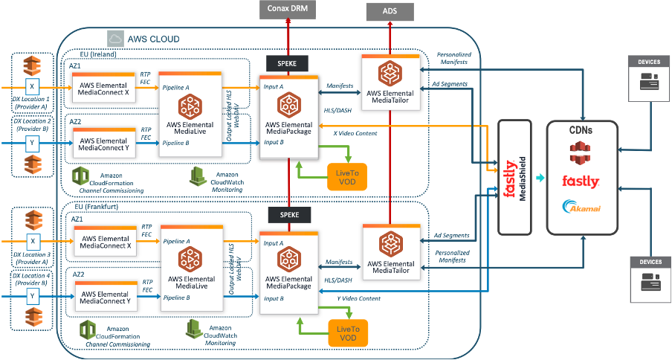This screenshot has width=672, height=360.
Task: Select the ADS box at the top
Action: point(389,10)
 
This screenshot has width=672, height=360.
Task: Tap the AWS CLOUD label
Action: point(154,39)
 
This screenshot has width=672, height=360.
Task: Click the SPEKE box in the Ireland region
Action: point(286,64)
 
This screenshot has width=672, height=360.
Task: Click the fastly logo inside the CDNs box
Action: point(581,181)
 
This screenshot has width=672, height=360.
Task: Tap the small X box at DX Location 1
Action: point(31,87)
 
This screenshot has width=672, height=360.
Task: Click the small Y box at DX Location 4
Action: point(31,296)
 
